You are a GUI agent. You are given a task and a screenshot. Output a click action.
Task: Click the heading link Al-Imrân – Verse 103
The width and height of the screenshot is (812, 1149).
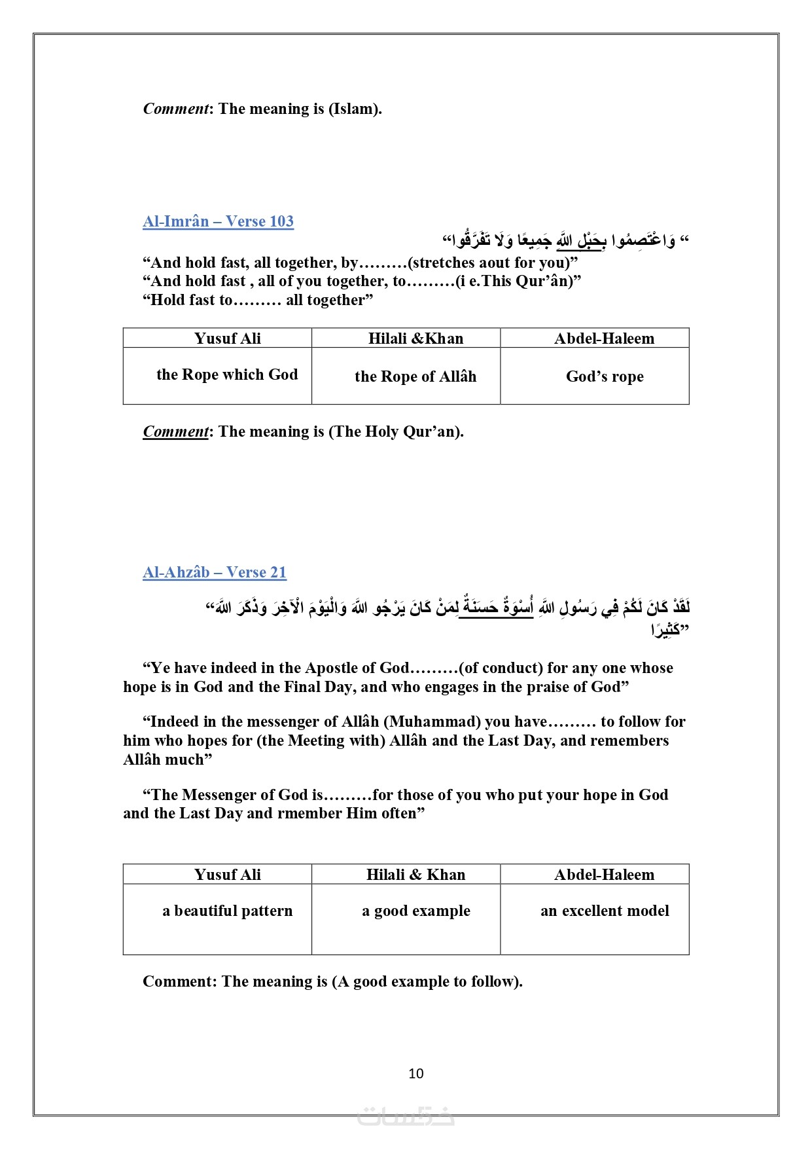218,221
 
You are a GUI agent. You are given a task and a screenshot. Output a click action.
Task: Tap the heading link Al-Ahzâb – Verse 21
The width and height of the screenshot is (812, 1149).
215,572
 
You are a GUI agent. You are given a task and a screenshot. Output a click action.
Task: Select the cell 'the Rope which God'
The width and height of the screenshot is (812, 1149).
227,374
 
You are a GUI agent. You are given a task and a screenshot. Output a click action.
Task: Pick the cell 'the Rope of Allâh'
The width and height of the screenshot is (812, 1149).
415,376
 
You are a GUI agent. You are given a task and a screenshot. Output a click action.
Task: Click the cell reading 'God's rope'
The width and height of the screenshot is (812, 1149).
605,376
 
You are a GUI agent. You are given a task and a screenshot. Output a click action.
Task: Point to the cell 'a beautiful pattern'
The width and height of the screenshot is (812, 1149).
227,911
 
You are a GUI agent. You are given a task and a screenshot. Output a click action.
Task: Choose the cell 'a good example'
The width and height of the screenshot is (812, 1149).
415,911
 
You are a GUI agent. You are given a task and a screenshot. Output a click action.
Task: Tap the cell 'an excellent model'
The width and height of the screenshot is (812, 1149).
605,911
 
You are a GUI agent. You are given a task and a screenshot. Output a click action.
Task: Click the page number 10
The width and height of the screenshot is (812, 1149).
416,1074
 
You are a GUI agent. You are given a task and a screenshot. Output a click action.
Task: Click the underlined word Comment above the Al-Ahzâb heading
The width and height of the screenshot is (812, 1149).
175,431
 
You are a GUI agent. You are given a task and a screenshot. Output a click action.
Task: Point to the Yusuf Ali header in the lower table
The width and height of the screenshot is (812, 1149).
227,875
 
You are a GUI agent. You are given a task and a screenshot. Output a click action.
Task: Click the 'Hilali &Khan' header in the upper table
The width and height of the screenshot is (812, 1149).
415,338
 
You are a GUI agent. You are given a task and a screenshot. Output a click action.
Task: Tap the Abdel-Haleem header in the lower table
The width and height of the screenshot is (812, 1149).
604,875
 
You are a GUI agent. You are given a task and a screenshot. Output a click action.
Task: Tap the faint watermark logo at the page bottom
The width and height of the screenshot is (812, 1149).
406,1116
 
